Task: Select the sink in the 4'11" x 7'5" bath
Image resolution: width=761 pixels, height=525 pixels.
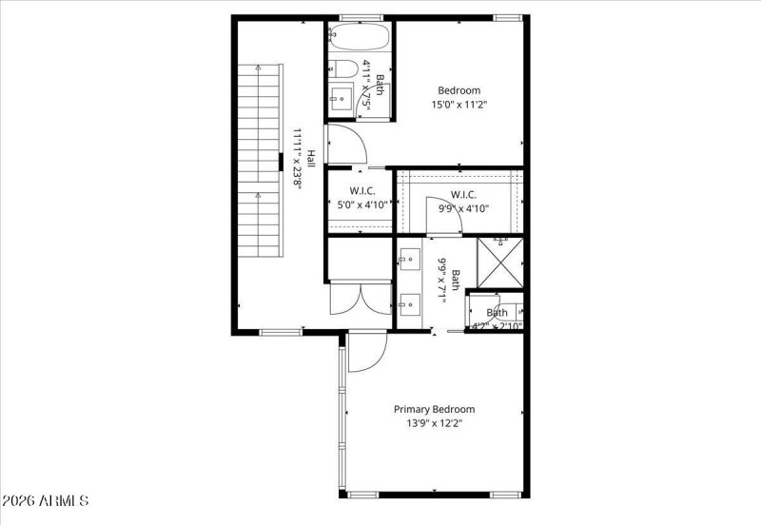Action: click(341, 97)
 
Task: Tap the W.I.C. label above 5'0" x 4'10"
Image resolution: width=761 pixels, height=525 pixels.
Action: click(357, 191)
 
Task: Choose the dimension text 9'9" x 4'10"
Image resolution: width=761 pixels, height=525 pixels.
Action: click(463, 209)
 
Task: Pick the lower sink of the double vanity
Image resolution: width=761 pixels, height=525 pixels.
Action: click(411, 304)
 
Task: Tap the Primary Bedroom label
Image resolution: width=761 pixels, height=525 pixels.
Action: click(435, 409)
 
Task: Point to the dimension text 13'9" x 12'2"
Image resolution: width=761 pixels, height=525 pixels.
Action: click(435, 423)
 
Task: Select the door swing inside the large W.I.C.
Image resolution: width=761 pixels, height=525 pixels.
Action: click(443, 222)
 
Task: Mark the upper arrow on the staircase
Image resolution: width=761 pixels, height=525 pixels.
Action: click(258, 69)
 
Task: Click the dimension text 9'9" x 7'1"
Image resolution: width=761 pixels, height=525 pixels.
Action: click(441, 280)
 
